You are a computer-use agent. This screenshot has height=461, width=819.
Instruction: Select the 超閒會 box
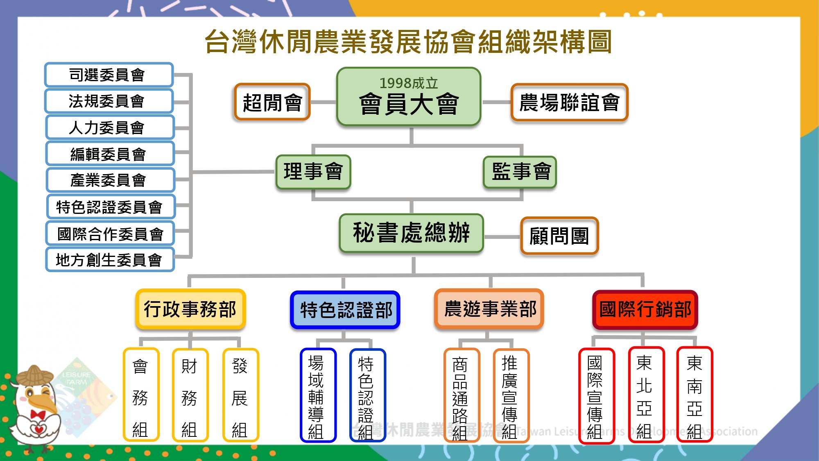pyautogui.click(x=272, y=102)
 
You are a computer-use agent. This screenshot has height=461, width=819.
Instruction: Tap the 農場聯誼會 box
pyautogui.click(x=569, y=102)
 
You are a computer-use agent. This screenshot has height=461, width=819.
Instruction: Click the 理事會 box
pyautogui.click(x=313, y=172)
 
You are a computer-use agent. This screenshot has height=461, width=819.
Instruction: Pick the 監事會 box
pyautogui.click(x=520, y=172)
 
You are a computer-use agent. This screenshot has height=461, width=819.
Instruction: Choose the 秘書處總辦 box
pyautogui.click(x=411, y=233)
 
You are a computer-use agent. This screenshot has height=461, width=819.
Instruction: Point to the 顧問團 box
pyautogui.click(x=559, y=236)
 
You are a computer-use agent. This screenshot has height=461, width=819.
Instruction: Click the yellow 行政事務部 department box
pyautogui.click(x=190, y=309)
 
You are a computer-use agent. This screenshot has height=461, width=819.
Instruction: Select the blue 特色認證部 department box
pyautogui.click(x=345, y=310)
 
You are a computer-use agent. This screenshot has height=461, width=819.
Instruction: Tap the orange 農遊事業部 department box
pyautogui.click(x=489, y=309)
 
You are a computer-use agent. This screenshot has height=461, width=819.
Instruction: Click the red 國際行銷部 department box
pyautogui.click(x=645, y=309)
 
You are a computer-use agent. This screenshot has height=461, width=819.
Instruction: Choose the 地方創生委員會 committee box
pyautogui.click(x=110, y=259)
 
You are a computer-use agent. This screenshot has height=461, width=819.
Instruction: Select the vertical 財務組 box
pyautogui.click(x=190, y=395)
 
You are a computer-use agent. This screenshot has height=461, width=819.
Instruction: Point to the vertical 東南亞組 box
pyautogui.click(x=695, y=395)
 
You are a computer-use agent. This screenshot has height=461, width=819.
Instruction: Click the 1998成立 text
pyautogui.click(x=408, y=83)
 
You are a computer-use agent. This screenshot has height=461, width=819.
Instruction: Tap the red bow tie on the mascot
pyautogui.click(x=38, y=415)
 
